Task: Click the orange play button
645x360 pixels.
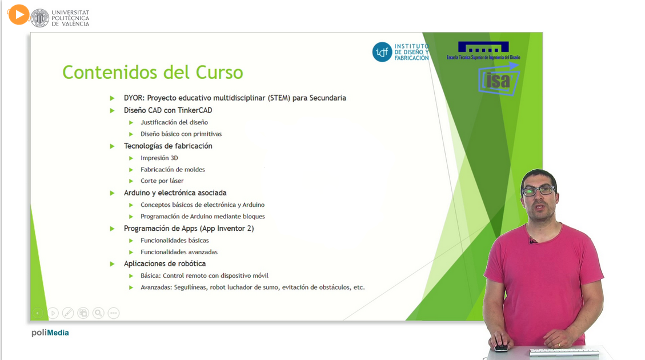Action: [18, 14]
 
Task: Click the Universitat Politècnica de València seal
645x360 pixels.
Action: [40, 18]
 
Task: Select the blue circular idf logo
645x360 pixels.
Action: [382, 52]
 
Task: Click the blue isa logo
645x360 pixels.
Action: [499, 80]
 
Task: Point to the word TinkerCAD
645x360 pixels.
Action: [195, 110]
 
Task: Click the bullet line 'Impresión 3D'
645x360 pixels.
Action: [159, 158]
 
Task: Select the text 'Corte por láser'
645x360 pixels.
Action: [162, 181]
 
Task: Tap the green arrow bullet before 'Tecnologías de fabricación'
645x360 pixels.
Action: [112, 146]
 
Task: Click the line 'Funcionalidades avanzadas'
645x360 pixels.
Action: [179, 252]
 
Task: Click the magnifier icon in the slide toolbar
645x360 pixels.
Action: [98, 313]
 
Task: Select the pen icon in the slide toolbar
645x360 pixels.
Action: [68, 313]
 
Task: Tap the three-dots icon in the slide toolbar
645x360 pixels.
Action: [114, 313]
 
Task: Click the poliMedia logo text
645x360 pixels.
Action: [50, 333]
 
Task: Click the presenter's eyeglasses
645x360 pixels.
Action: [538, 190]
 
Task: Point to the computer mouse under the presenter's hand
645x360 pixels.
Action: [500, 347]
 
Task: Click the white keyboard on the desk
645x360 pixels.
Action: [564, 352]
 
